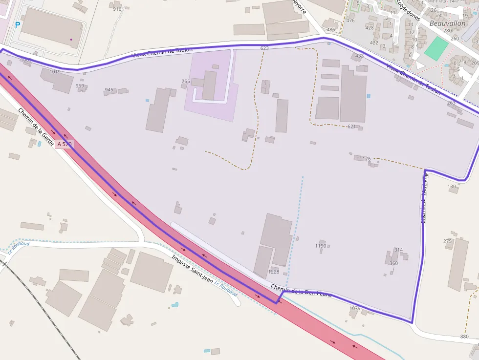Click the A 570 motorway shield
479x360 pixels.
point(64,144)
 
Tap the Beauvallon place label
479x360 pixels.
point(447,23)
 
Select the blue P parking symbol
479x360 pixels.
point(18,25)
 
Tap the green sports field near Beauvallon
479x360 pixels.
point(436,48)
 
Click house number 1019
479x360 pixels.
point(55,72)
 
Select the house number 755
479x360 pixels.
point(186,82)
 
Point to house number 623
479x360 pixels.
point(264,48)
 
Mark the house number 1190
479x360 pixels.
point(321,246)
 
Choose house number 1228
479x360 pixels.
point(274,272)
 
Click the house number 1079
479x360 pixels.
point(355,308)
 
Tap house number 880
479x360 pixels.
point(464,337)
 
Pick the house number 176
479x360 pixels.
point(367,159)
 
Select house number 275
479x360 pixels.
point(448,241)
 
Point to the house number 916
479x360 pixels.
point(117,9)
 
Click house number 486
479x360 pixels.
point(331,30)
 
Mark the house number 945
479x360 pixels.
point(109,90)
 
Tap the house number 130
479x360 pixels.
point(452,187)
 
